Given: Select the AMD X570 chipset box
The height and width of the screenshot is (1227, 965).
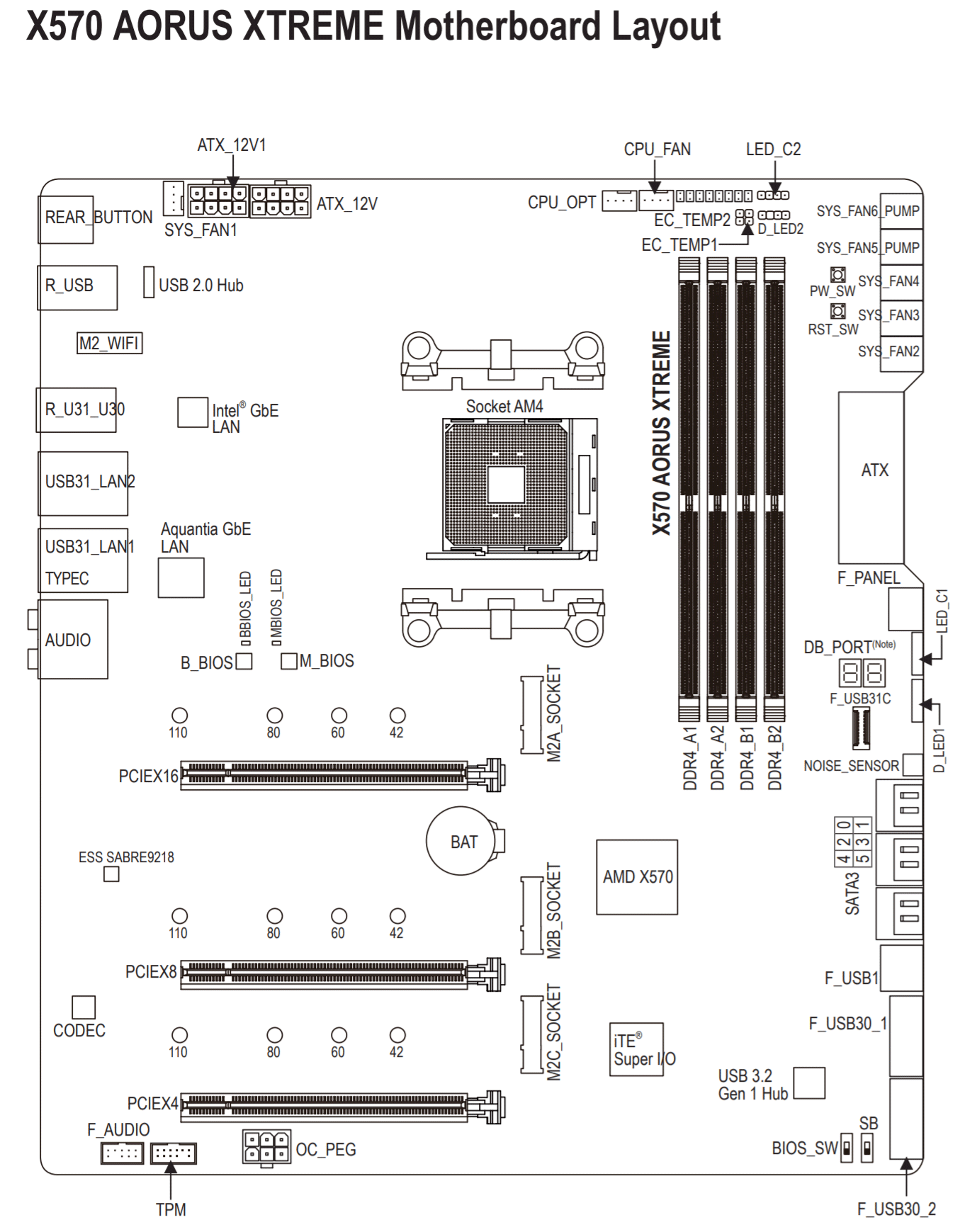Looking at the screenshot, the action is click(x=637, y=877).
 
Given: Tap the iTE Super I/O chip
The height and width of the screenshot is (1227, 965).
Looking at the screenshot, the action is click(x=637, y=1049).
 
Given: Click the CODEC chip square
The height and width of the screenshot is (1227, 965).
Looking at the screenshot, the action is click(x=84, y=1007).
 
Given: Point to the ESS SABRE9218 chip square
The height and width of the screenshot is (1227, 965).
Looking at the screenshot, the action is click(x=111, y=874).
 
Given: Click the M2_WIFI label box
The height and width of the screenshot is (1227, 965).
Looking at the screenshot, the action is click(x=109, y=343).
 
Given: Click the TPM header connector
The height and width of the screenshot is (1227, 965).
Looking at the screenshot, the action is click(x=174, y=1153).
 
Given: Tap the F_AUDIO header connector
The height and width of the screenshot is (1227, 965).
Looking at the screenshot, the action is click(x=122, y=1153).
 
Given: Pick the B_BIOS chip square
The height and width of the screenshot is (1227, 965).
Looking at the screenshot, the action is click(x=244, y=661).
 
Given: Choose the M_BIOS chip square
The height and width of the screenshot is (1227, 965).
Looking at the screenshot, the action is click(x=289, y=661).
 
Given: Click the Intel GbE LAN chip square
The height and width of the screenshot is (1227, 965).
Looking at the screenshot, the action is click(x=193, y=412).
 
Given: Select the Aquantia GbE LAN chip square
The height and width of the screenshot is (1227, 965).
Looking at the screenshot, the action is click(x=181, y=577).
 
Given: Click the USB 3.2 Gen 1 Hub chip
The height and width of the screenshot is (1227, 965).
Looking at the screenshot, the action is click(x=809, y=1082).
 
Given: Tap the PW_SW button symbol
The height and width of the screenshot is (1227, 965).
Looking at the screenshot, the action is click(x=838, y=275).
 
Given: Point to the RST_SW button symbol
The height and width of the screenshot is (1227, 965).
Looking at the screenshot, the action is click(x=838, y=311).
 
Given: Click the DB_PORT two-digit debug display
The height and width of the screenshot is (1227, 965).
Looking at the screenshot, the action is click(x=862, y=673).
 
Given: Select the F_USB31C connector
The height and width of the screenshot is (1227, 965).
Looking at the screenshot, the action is click(x=861, y=728).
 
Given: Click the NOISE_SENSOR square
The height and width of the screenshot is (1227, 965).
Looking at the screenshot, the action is click(x=913, y=764).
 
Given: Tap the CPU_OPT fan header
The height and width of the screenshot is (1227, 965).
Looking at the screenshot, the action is click(x=619, y=200).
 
